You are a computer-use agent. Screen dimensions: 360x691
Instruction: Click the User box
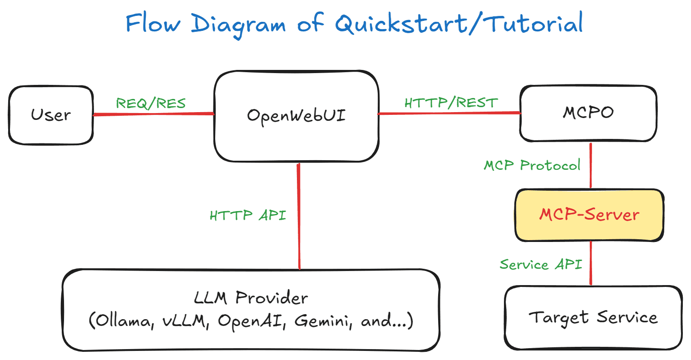click(x=51, y=115)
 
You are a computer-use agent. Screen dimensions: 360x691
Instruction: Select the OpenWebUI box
click(x=296, y=116)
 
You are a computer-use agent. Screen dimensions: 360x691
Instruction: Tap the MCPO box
click(x=588, y=113)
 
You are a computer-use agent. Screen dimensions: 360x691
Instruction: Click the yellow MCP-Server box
click(x=589, y=215)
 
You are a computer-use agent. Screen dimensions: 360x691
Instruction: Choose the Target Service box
click(x=593, y=318)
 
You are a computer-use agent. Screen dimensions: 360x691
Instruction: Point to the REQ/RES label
click(x=151, y=104)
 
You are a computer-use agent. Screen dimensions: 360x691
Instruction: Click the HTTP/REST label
click(x=451, y=103)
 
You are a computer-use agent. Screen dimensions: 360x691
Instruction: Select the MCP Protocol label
click(x=532, y=165)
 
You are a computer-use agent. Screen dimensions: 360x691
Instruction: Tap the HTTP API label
click(x=248, y=215)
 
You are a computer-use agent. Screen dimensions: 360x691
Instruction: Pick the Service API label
click(x=540, y=264)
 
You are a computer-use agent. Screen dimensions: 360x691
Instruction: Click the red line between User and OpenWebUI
click(x=153, y=114)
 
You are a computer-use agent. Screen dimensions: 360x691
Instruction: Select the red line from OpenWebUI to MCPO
click(x=449, y=113)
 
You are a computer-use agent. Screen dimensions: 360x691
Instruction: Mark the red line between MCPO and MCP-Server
click(x=590, y=166)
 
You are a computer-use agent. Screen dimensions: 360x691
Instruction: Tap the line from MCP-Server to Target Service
click(x=590, y=263)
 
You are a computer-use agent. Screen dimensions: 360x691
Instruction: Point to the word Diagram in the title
click(x=238, y=24)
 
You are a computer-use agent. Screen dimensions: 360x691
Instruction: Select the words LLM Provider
click(x=251, y=298)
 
